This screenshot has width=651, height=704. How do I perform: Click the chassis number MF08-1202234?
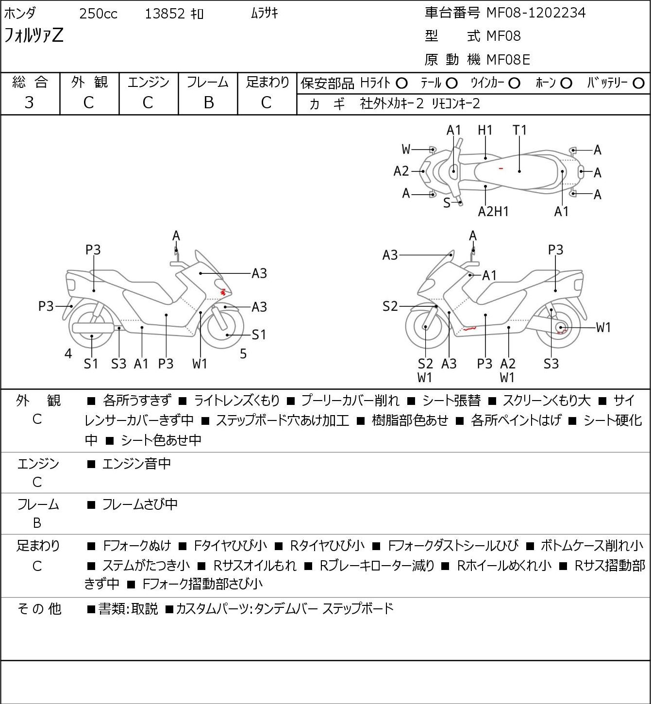point(536,13)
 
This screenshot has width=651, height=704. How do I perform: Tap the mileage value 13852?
point(165,14)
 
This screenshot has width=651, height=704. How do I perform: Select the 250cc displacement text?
point(98,14)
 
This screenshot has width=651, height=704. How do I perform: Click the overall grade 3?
point(29,102)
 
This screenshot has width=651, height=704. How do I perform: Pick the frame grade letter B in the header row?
point(208,102)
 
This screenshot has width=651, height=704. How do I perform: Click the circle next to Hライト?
point(401,84)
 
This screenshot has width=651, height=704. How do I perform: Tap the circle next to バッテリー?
point(638,84)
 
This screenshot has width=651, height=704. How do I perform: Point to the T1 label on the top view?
point(519,130)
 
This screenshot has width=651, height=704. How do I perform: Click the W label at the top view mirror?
point(406,150)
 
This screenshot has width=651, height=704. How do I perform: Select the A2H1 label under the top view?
point(493,211)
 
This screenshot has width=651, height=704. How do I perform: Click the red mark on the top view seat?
point(501,168)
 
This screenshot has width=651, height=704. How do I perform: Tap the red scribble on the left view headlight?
point(223,292)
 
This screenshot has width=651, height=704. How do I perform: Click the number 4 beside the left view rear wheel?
point(68,353)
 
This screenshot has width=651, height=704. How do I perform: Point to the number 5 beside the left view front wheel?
point(243,354)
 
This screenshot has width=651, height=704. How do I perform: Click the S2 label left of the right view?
point(390,306)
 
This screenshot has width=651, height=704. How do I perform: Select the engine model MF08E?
point(508,60)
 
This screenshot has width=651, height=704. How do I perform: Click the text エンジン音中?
point(136,464)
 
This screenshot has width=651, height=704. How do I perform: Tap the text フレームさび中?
point(139,504)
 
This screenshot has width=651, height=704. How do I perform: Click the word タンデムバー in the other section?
point(286,608)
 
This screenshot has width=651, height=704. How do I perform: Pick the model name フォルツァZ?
point(33,35)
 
